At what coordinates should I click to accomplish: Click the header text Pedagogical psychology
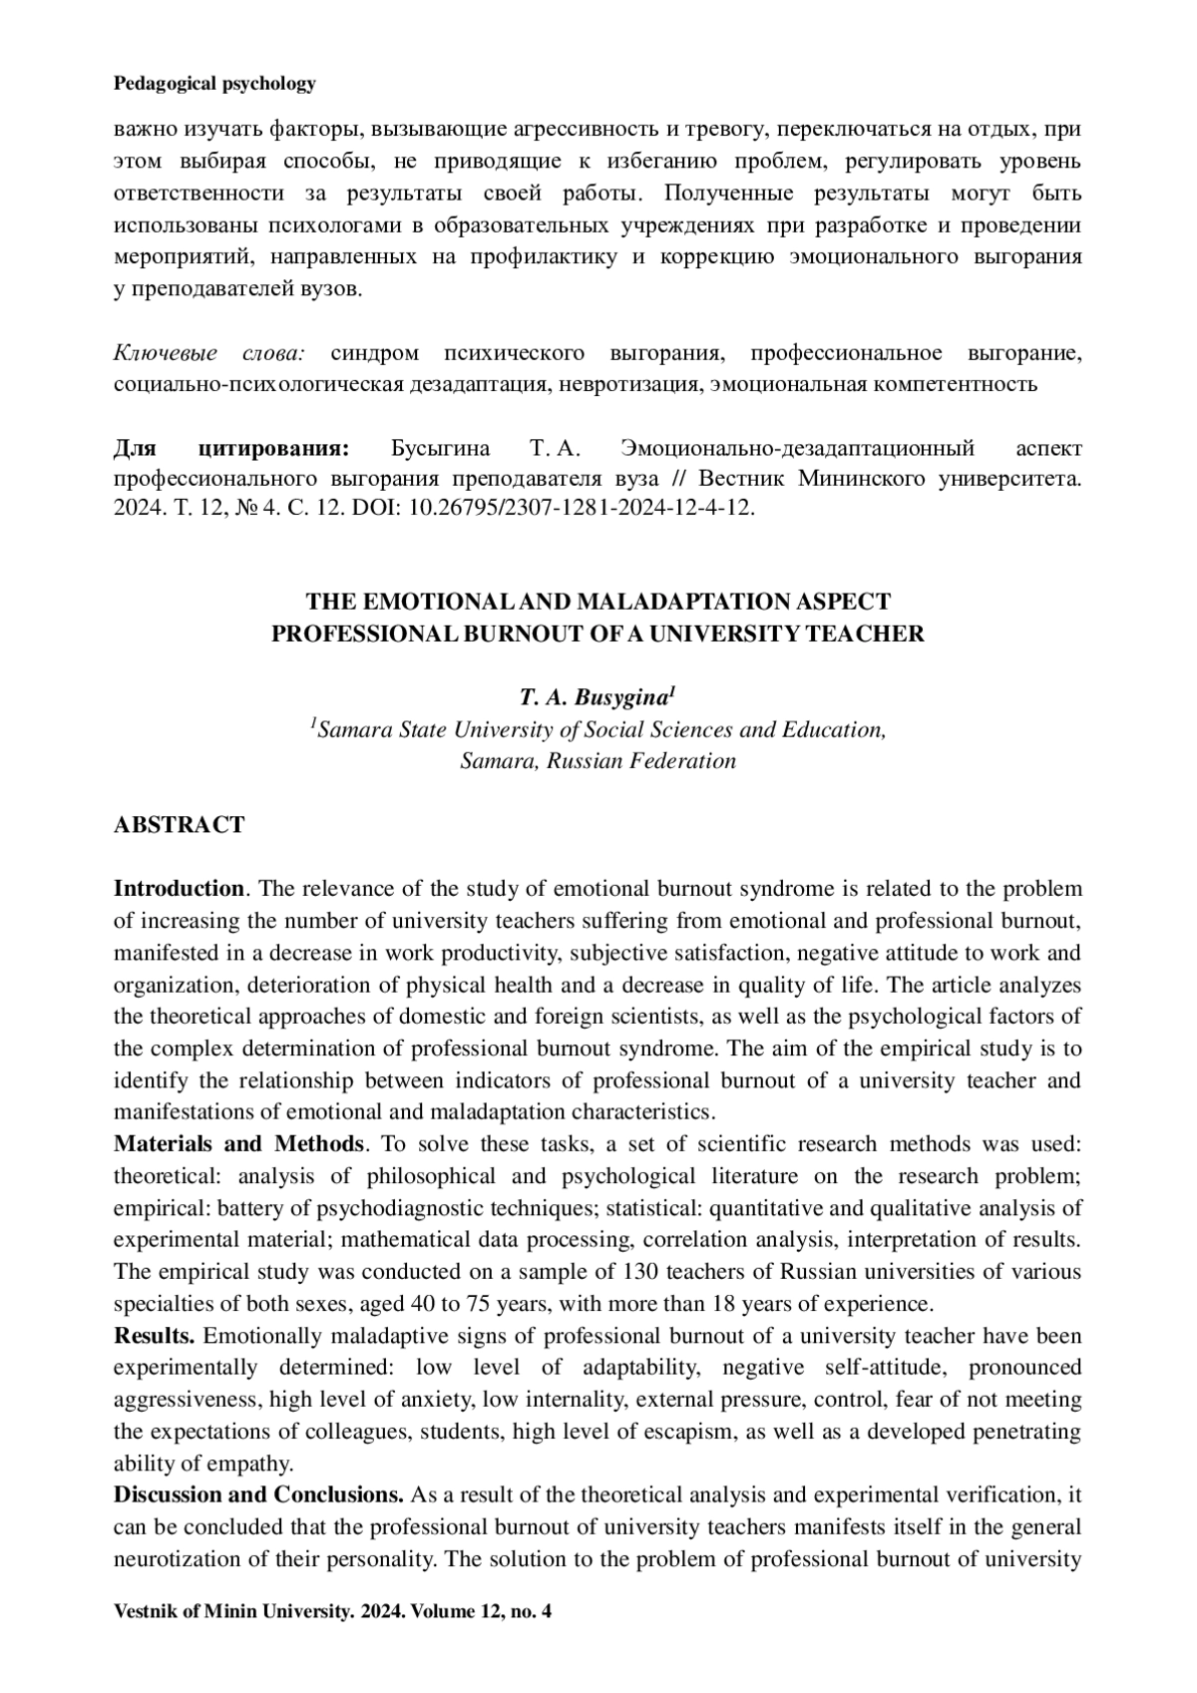click(x=214, y=84)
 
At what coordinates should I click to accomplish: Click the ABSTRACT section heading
click(x=179, y=825)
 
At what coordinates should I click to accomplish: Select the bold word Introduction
click(x=179, y=889)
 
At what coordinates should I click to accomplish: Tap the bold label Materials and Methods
click(x=239, y=1144)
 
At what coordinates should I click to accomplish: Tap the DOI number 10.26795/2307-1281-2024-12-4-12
click(x=586, y=509)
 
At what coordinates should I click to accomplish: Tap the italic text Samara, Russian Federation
click(x=598, y=761)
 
